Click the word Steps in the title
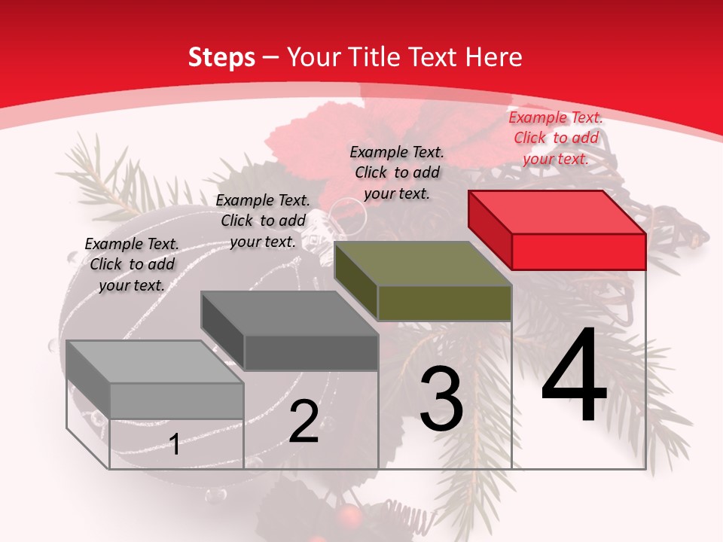tap(221, 57)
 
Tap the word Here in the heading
tap(494, 57)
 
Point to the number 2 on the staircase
tap(304, 422)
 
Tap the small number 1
tap(175, 444)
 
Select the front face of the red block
tap(578, 251)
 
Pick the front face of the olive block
tap(444, 303)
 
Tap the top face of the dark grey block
tap(289, 313)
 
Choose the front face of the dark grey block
tap(311, 352)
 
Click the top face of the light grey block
tap(155, 362)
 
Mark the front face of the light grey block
tap(176, 400)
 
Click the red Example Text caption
tap(556, 138)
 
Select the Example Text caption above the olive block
tap(397, 172)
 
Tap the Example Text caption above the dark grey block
tap(263, 221)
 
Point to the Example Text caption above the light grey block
tap(132, 264)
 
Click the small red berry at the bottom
tap(347, 516)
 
